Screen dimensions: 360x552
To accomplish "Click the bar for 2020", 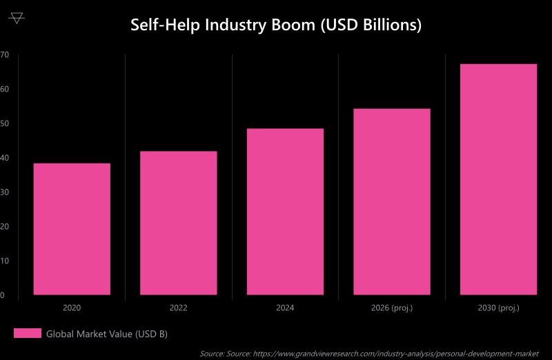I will tap(72, 229).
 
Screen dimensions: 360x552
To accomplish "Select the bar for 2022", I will tap(178, 223).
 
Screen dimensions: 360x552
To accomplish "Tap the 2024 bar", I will tap(285, 212).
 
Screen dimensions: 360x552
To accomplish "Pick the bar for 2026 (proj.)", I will tap(392, 201).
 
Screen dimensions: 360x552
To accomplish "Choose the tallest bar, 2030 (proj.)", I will tap(498, 179).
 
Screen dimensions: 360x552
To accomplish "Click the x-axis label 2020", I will tap(72, 308).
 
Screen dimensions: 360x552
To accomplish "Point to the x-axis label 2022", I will tap(178, 308).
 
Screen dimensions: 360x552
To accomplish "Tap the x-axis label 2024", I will tap(285, 308).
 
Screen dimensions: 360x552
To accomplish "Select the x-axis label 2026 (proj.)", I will tap(392, 308).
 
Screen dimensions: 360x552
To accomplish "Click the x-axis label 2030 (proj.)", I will tap(498, 308).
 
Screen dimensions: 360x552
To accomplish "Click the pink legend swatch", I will tap(28, 334).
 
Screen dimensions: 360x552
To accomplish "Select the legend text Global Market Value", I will tap(107, 334).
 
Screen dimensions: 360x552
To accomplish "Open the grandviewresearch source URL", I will tap(396, 354).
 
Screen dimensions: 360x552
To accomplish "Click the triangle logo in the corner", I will tap(17, 18).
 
